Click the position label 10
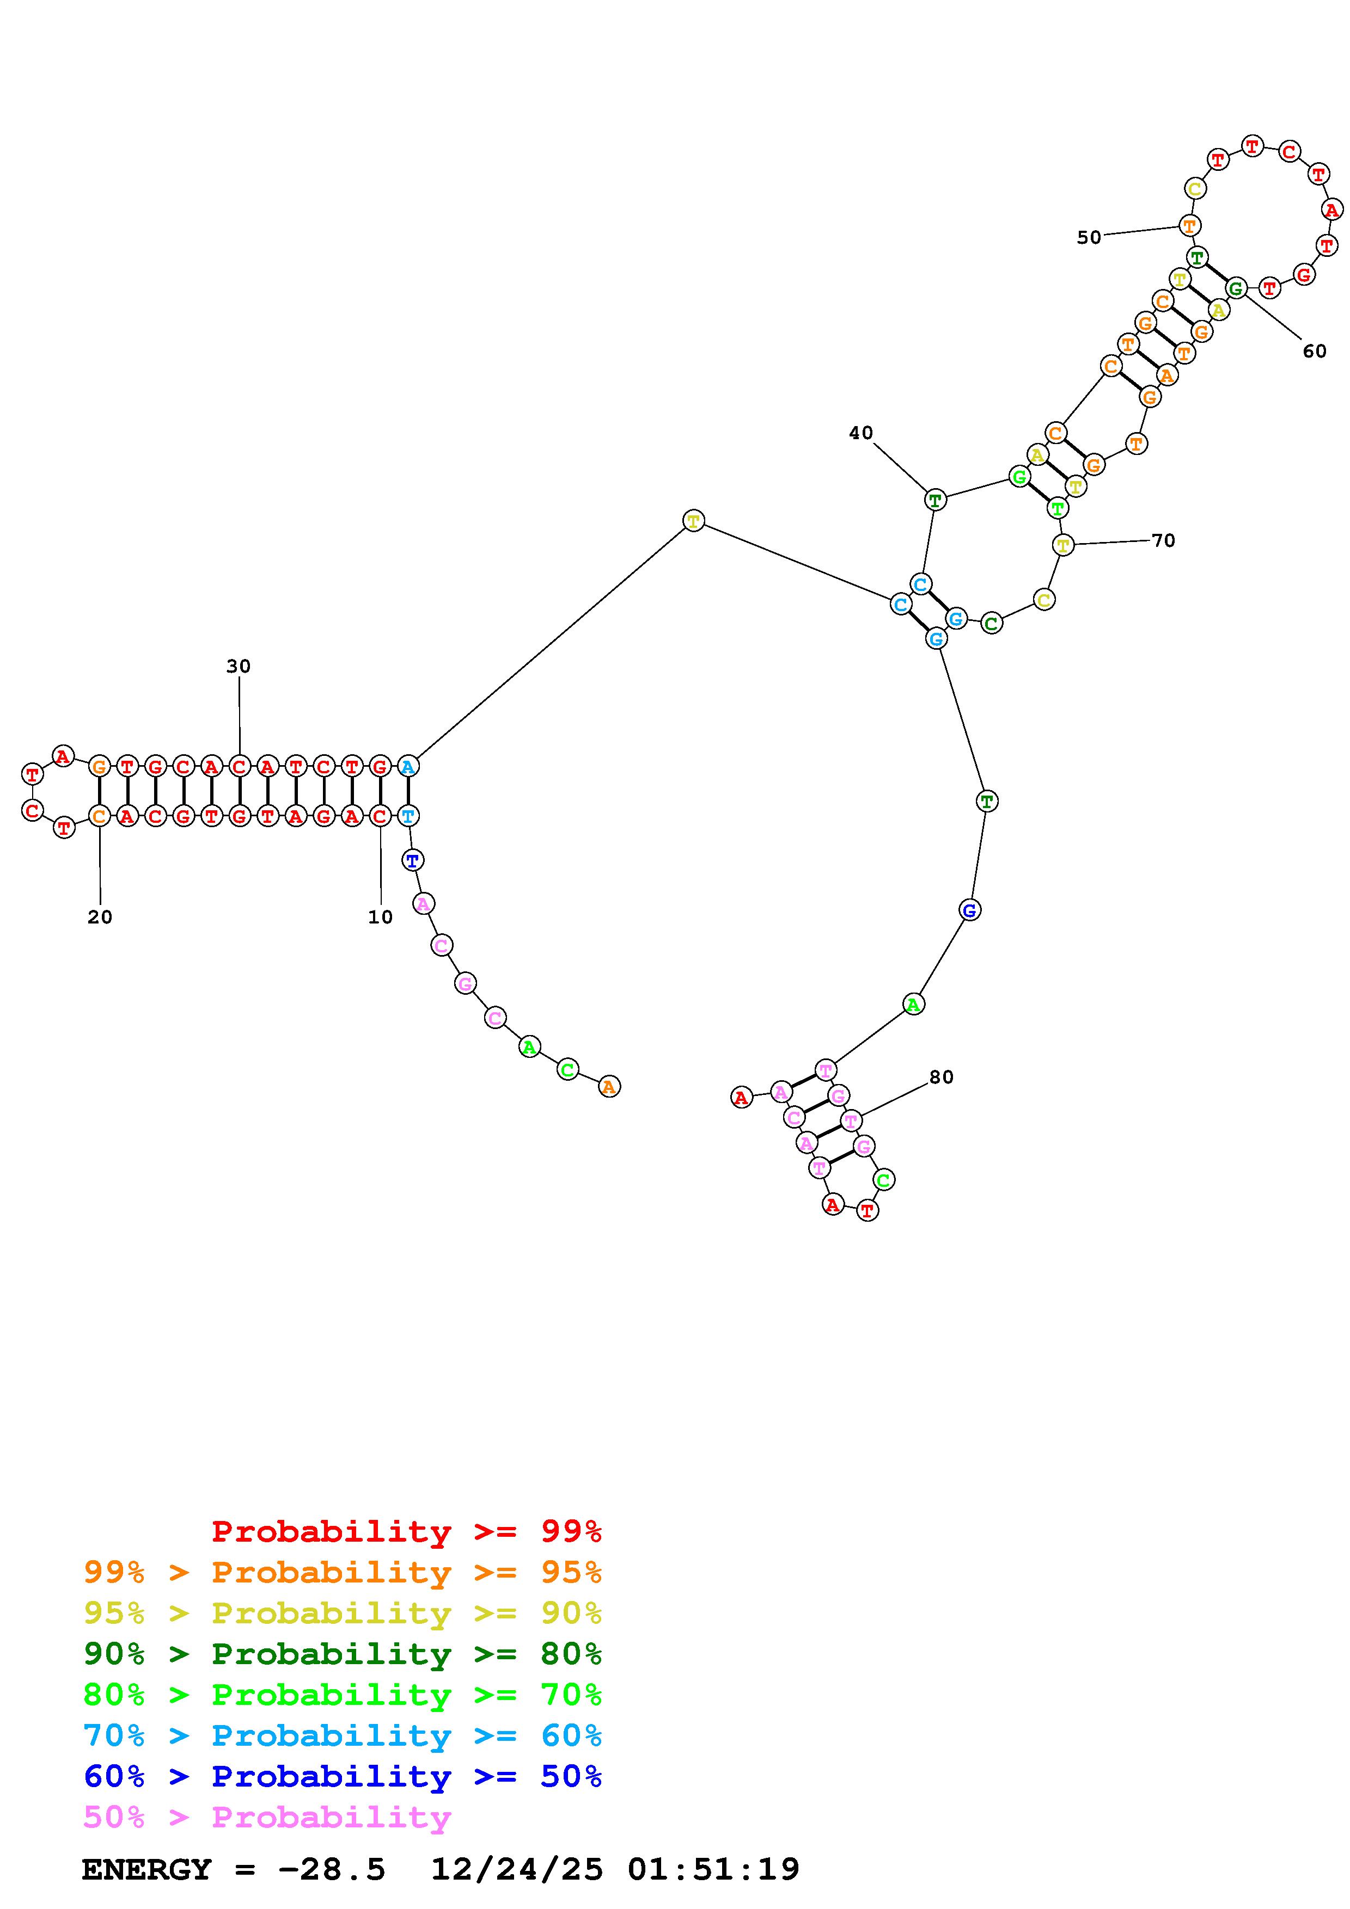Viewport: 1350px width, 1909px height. (380, 917)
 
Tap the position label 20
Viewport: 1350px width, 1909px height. (100, 917)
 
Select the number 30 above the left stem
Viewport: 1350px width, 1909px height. (239, 666)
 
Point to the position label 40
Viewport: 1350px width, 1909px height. (861, 432)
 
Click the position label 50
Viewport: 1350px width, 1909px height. (1089, 238)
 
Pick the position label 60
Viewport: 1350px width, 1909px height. (1314, 352)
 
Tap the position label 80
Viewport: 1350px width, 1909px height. (941, 1077)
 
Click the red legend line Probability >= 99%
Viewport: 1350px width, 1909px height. (407, 1531)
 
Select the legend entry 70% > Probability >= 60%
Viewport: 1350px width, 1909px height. (343, 1735)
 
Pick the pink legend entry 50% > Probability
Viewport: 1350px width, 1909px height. (267, 1816)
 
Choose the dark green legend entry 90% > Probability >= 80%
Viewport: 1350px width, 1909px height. (343, 1654)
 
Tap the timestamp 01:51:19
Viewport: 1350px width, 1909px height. (714, 1869)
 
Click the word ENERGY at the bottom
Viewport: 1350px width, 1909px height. (146, 1869)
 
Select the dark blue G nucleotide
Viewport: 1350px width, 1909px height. (969, 910)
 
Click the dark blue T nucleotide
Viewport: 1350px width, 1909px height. (413, 860)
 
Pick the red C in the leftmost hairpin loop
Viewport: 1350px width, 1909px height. (33, 810)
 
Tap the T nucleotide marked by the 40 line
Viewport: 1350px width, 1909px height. (935, 500)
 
